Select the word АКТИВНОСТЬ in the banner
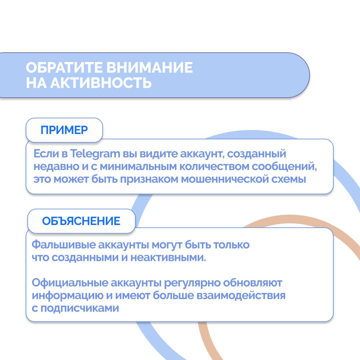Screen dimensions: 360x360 pyautogui.click(x=101, y=83)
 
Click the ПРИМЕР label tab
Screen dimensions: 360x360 pyautogui.click(x=64, y=130)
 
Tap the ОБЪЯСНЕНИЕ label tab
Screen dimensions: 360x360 pyautogui.click(x=81, y=221)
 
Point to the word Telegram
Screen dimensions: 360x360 pyautogui.click(x=95, y=154)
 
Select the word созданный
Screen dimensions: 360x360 pyautogui.click(x=257, y=154)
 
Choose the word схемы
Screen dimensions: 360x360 pyautogui.click(x=289, y=179)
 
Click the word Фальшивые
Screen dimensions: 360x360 pyautogui.click(x=64, y=245)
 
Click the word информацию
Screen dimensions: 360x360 pyautogui.click(x=68, y=296)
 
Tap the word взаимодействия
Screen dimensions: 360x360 pyautogui.click(x=241, y=296)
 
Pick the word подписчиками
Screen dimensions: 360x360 pyautogui.click(x=80, y=308)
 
